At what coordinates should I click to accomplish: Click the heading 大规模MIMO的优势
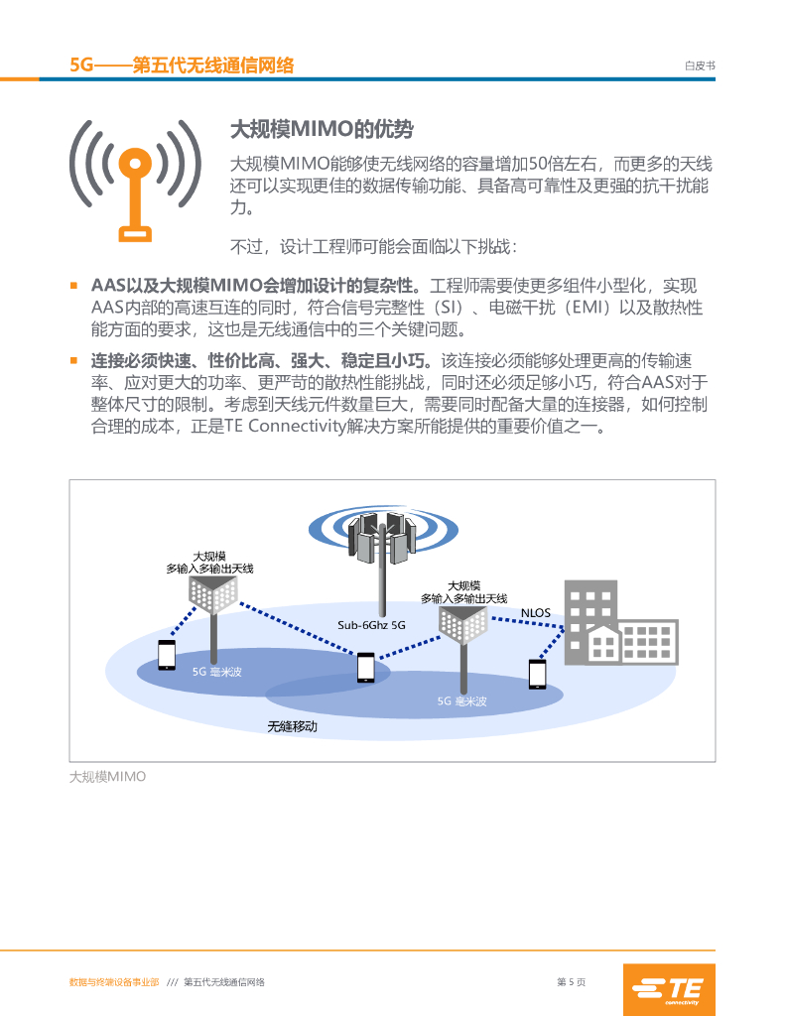321,129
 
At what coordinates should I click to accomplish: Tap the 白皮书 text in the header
700,65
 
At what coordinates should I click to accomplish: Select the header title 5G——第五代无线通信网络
183,64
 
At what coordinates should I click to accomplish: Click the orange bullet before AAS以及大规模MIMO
73,285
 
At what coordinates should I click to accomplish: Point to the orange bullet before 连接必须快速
73,359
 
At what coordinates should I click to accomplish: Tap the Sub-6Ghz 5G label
372,625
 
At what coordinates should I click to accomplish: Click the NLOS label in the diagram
536,612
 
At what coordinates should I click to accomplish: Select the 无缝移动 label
293,726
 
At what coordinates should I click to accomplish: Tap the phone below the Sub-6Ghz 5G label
366,668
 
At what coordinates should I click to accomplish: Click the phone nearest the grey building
538,674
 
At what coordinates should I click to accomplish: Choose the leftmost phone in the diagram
167,654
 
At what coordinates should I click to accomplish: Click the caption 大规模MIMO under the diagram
107,777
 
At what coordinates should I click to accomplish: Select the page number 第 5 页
571,982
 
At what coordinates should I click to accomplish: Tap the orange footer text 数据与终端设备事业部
113,982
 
